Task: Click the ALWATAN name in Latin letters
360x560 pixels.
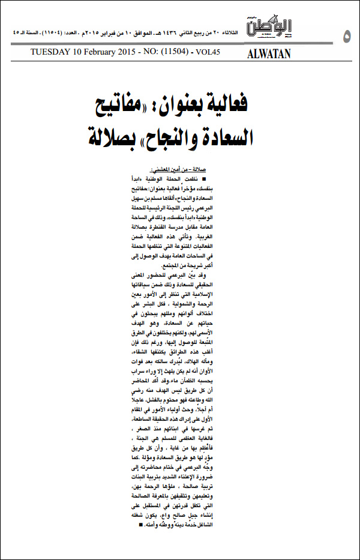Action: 269,53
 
